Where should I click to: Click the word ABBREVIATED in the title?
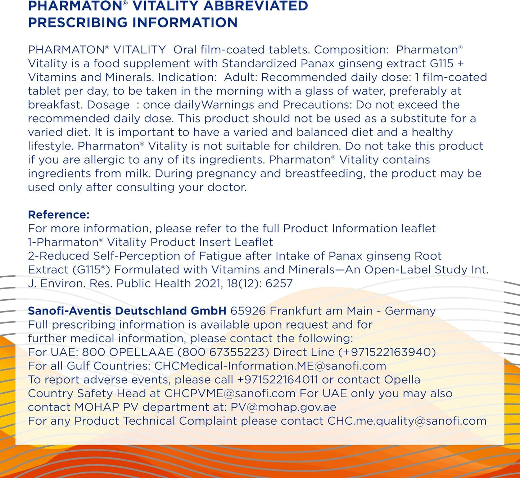[x=256, y=6]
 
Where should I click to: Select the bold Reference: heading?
[x=59, y=215]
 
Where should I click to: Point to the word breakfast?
[x=53, y=105]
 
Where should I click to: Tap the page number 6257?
[x=279, y=283]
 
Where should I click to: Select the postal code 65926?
[x=248, y=311]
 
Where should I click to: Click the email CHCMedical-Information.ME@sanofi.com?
[x=270, y=366]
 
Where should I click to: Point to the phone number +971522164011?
[x=277, y=380]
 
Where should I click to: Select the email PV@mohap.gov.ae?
[x=284, y=407]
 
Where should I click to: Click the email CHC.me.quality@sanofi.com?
[x=407, y=421]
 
